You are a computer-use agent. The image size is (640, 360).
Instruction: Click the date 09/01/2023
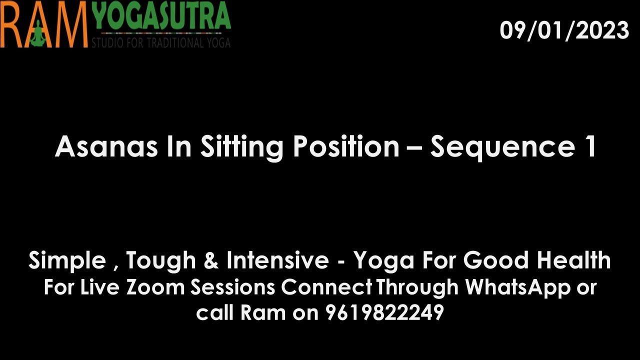[564, 30]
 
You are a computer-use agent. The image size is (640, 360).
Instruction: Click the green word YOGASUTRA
[162, 15]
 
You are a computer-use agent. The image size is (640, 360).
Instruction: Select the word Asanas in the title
[106, 146]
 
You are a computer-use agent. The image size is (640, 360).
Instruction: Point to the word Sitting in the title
[241, 147]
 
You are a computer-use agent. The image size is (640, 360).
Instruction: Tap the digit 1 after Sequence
[590, 146]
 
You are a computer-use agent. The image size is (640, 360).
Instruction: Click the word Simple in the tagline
[67, 261]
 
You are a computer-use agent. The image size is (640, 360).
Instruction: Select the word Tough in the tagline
[161, 261]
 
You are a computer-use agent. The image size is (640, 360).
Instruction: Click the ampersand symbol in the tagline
[211, 260]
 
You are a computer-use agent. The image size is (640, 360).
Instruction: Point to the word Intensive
[277, 260]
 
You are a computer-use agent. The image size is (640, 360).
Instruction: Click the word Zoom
[155, 287]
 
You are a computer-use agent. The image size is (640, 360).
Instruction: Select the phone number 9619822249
[385, 312]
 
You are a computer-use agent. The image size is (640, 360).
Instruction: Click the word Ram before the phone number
[263, 312]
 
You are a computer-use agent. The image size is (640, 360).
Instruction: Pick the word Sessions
[233, 287]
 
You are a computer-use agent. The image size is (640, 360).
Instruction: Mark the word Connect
[326, 287]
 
